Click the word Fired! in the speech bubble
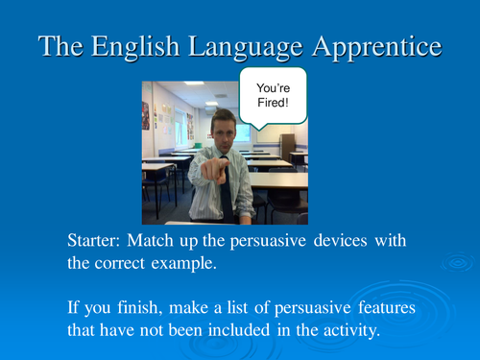pyautogui.click(x=272, y=104)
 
